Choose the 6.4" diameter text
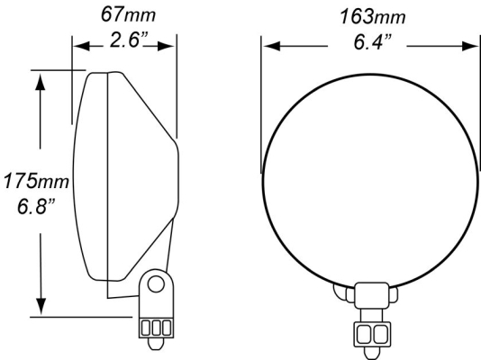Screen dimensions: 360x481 coord(370,43)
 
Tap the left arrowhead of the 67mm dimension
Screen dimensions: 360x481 coord(78,47)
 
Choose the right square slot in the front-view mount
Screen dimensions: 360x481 coord(378,335)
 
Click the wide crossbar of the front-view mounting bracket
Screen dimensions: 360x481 coord(370,293)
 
